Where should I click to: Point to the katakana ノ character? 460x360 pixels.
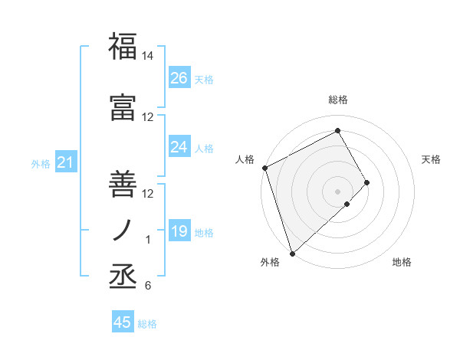(x=123, y=231)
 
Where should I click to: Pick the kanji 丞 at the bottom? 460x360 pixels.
(x=123, y=276)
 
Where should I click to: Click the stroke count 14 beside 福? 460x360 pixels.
(x=148, y=57)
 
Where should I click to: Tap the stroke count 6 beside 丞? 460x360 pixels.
(x=148, y=286)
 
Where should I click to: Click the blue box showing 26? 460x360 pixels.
(x=179, y=78)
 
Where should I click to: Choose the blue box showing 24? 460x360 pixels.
(x=179, y=147)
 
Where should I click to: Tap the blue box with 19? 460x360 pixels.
(x=179, y=231)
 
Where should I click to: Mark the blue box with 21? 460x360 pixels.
(x=65, y=162)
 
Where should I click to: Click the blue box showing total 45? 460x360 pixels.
(x=123, y=322)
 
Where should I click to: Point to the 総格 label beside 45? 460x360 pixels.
(x=147, y=324)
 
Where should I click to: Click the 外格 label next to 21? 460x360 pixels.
(x=41, y=163)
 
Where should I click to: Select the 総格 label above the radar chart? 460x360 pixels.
(x=338, y=100)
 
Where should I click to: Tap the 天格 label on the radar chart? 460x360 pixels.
(x=432, y=159)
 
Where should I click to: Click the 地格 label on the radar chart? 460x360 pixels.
(x=402, y=262)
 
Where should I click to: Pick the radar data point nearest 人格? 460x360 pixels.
(x=264, y=168)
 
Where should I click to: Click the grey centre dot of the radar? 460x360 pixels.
(x=337, y=191)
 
